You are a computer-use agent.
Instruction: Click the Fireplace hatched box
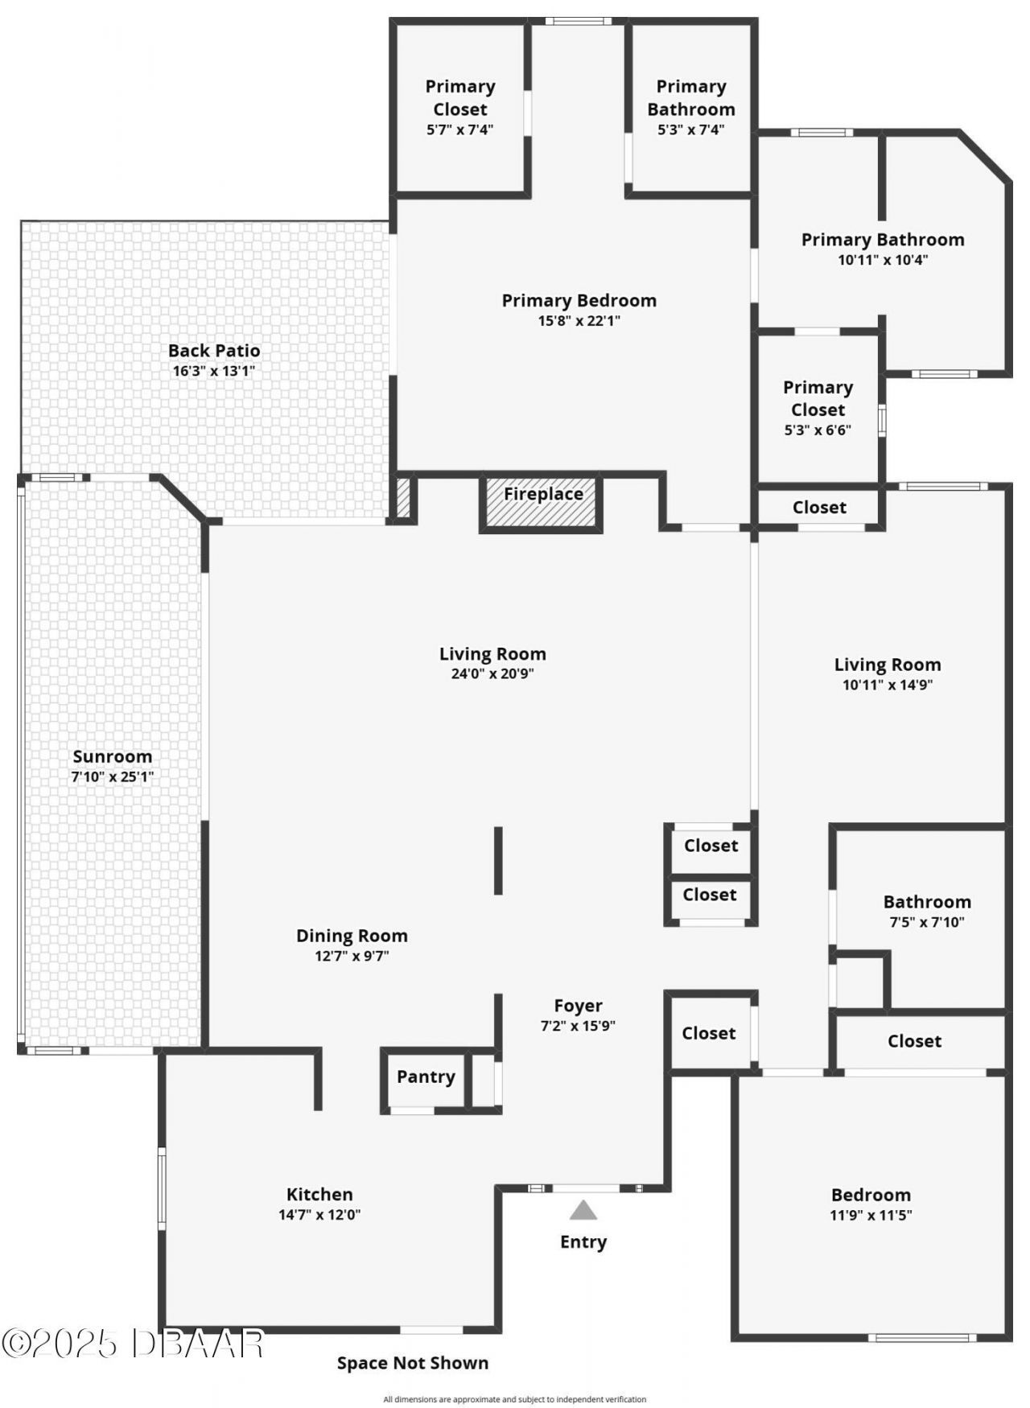[x=542, y=504]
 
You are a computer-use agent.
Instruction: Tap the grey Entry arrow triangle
[x=583, y=1210]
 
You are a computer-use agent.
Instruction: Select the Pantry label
[x=426, y=1077]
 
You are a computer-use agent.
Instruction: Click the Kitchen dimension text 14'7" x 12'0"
[x=319, y=1215]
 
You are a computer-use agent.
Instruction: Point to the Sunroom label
[x=112, y=756]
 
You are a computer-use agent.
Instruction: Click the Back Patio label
[x=214, y=350]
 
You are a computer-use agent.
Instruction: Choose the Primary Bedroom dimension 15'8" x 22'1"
[x=579, y=321]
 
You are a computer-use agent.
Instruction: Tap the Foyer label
[x=578, y=1006]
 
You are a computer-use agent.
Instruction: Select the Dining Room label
[x=352, y=936]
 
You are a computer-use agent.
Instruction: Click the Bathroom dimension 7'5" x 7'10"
[x=926, y=923]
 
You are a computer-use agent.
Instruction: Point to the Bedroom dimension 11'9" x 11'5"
[x=871, y=1216]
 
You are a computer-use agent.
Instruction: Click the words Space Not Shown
[x=412, y=1363]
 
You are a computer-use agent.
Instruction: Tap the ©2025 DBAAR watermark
[x=133, y=1343]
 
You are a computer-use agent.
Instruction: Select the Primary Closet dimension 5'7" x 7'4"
[x=459, y=130]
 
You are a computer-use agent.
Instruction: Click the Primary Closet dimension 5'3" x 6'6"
[x=818, y=430]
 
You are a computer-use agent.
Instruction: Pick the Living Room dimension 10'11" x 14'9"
[x=887, y=685]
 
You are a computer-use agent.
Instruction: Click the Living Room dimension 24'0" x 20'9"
[x=492, y=674]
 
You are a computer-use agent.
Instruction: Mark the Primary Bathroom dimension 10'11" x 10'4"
[x=882, y=260]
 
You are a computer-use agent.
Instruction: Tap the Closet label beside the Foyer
[x=708, y=1033]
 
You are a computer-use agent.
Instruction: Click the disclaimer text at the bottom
[x=514, y=1399]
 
